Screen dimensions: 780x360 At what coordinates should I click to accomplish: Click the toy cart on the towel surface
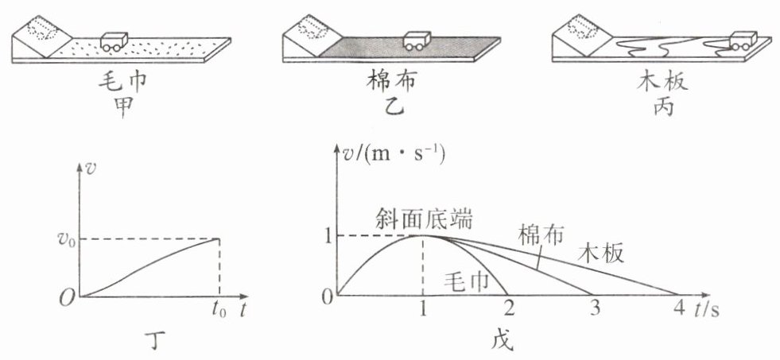coord(117,41)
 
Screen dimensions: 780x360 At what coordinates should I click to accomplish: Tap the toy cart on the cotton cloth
coord(414,41)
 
